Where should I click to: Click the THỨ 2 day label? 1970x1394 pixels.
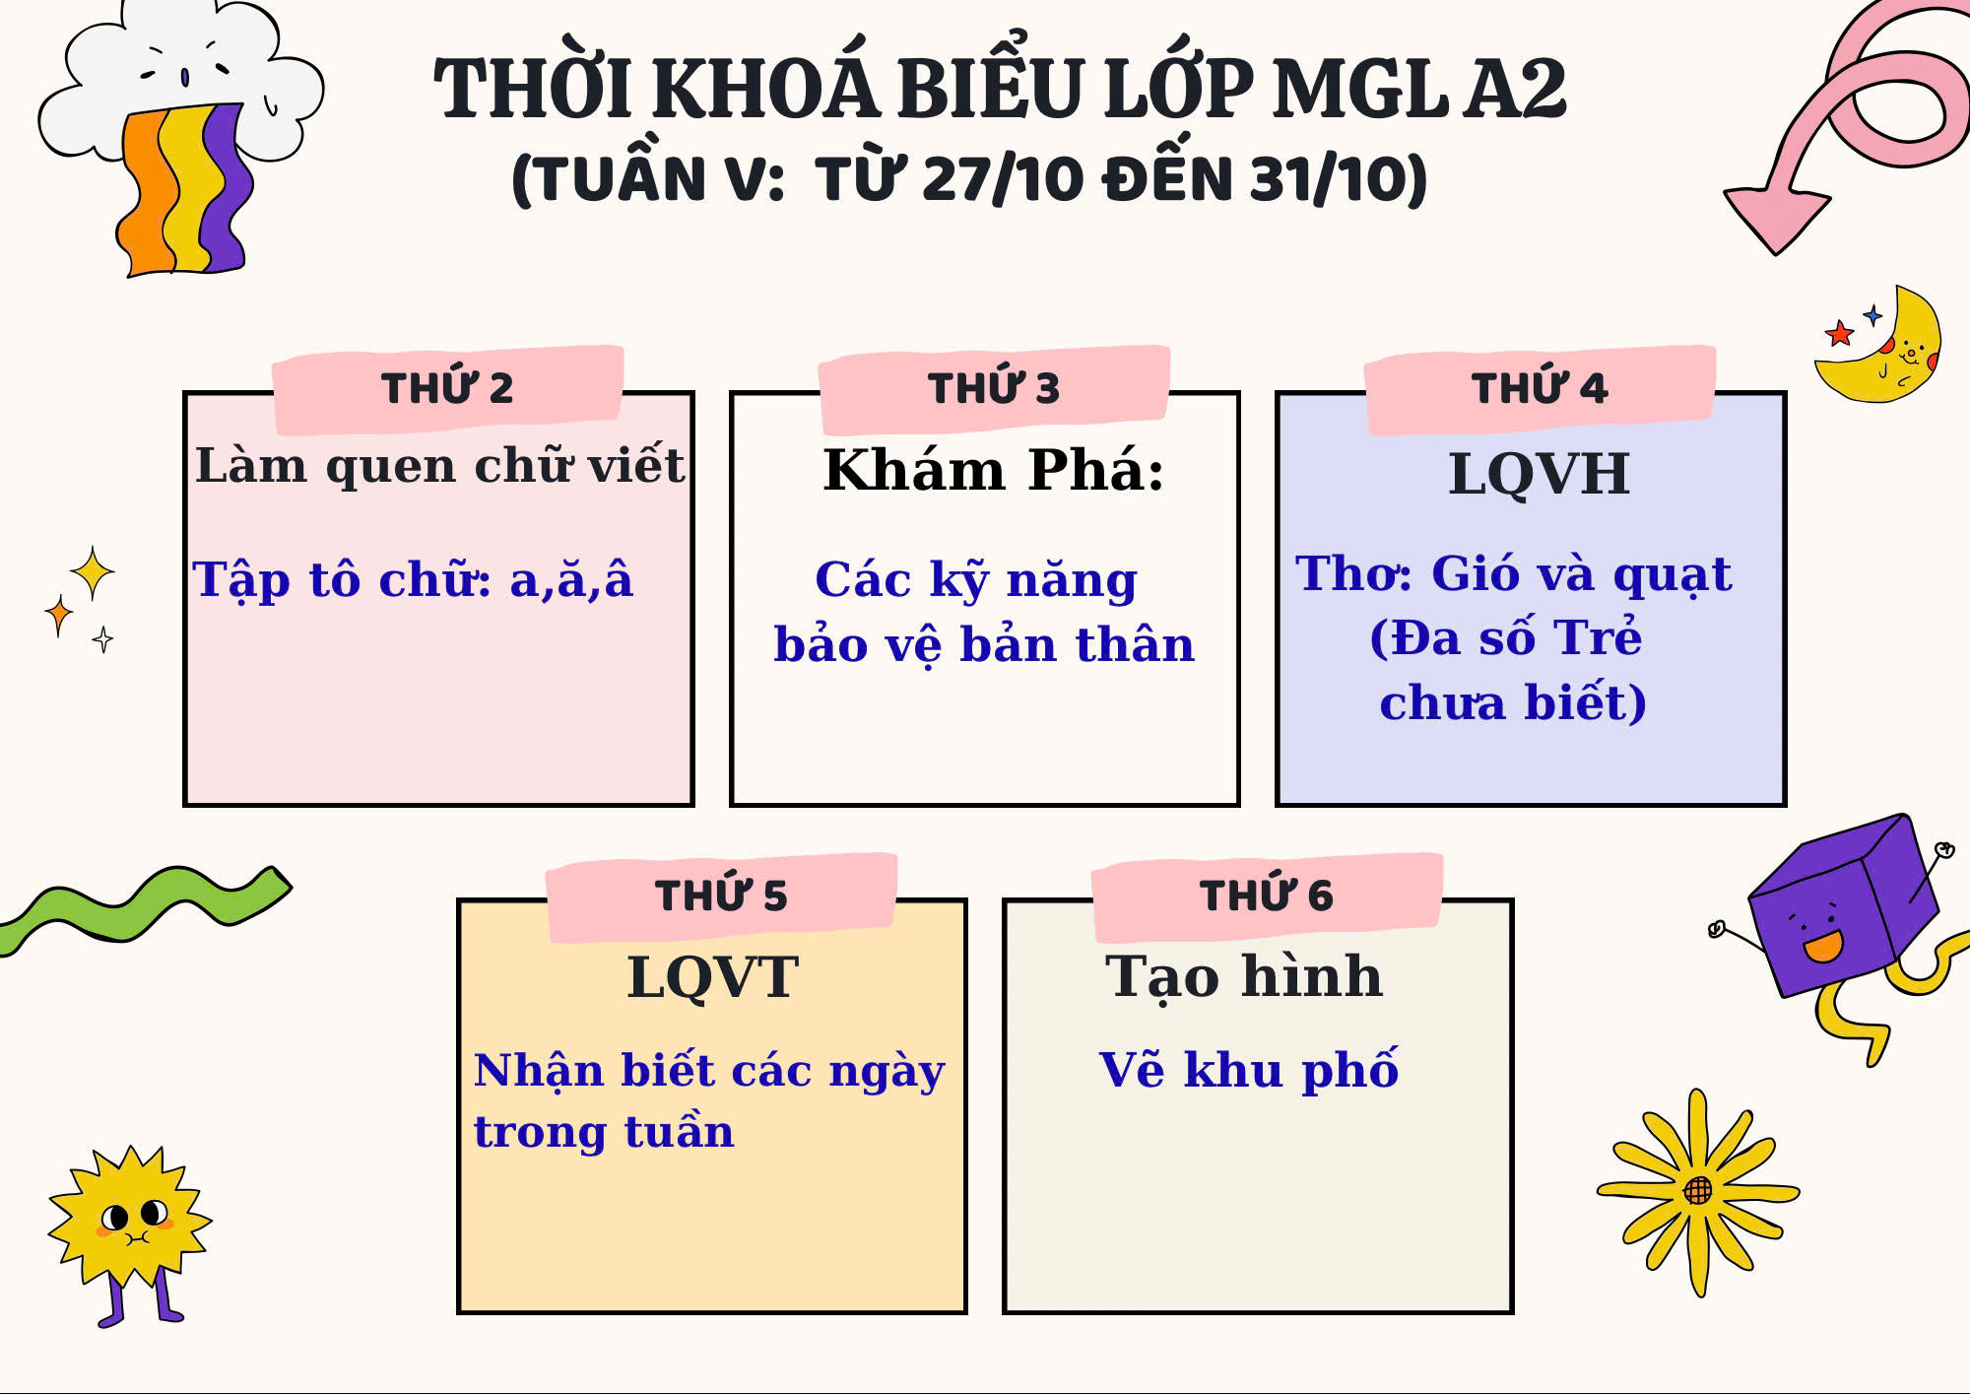pos(447,388)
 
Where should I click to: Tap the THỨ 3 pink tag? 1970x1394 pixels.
pos(994,388)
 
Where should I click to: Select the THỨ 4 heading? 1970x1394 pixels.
pos(1540,388)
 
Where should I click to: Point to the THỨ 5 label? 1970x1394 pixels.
pos(721,896)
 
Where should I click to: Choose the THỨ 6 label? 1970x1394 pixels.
pos(1267,896)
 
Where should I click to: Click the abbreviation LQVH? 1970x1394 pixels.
pos(1540,474)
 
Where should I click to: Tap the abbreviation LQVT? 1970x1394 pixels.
pos(712,977)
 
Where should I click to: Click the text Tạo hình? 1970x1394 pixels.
pos(1244,977)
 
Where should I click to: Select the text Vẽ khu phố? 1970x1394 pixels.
pos(1248,1070)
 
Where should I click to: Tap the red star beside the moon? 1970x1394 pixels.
pos(1839,334)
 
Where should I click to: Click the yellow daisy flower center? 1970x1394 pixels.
pos(1698,1191)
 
